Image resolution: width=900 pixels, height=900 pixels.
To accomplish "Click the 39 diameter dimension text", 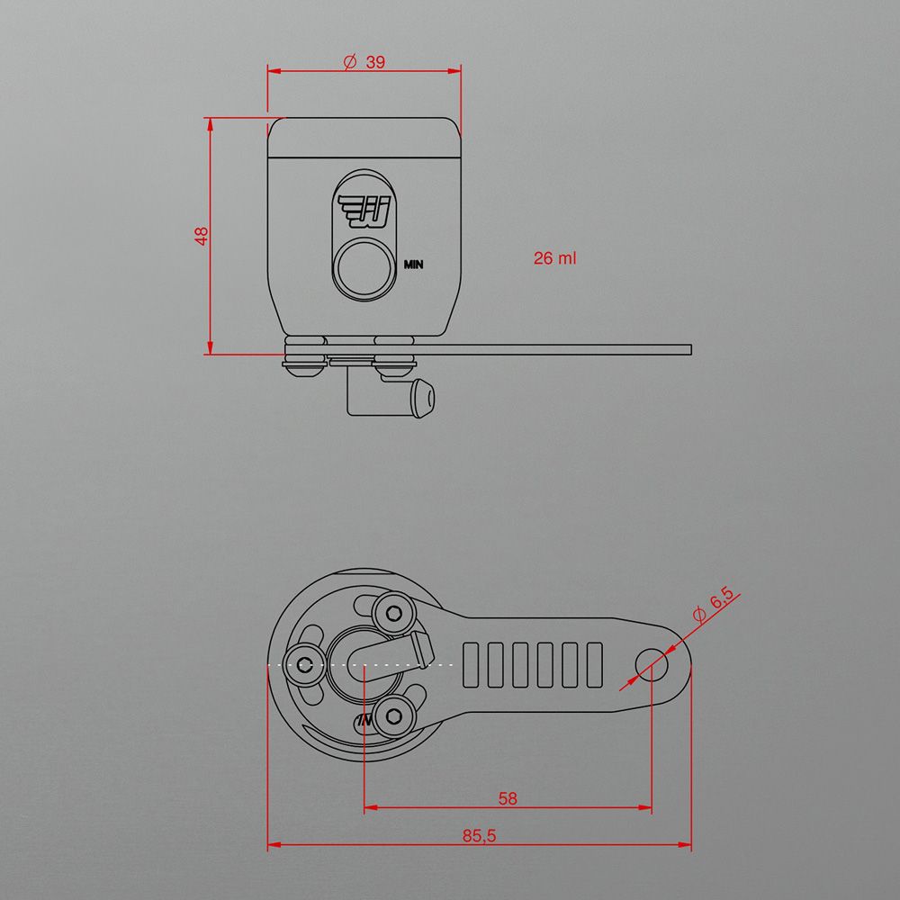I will [375, 61].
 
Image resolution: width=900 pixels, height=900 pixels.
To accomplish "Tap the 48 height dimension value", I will [202, 236].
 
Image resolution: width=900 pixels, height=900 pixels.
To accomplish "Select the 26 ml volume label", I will [554, 258].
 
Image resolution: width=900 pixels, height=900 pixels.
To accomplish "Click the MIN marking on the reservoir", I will [414, 265].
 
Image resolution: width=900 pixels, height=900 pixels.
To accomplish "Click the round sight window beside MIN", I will [364, 270].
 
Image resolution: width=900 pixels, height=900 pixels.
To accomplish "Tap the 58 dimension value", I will [508, 797].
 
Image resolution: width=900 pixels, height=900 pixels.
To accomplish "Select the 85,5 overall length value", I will [479, 836].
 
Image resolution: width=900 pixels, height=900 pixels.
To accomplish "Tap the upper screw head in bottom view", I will [393, 613].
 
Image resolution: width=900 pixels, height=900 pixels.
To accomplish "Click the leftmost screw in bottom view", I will [305, 666].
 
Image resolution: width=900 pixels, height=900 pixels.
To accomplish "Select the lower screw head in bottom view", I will [393, 717].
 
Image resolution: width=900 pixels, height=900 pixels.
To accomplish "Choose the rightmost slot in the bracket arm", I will [593, 665].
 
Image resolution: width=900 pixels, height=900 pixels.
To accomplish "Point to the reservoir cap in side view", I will [364, 138].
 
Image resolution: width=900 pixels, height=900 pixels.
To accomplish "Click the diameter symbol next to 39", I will [350, 61].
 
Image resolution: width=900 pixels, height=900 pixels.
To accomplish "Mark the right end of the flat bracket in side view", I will [688, 349].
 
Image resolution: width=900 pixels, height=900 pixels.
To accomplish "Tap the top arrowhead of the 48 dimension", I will [210, 122].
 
